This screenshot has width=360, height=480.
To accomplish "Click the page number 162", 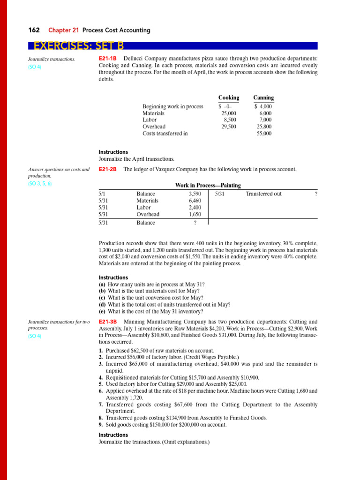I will pyautogui.click(x=34, y=30).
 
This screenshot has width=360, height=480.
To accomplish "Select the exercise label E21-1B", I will pyautogui.click(x=107, y=59).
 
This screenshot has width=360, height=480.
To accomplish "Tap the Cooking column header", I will pyautogui.click(x=228, y=97).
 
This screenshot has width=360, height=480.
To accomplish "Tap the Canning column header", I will pyautogui.click(x=263, y=97).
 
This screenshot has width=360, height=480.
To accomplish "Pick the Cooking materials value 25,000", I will pyautogui.click(x=229, y=113).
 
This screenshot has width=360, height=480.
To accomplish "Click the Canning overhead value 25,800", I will pyautogui.click(x=264, y=127).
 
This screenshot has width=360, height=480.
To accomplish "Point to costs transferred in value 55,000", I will pyautogui.click(x=264, y=134).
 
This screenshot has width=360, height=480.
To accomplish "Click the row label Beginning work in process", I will pyautogui.click(x=172, y=106).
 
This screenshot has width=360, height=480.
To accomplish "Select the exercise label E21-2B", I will pyautogui.click(x=108, y=169).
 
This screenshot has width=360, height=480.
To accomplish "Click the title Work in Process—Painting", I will pyautogui.click(x=208, y=186).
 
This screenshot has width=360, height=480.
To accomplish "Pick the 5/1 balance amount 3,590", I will pyautogui.click(x=195, y=194).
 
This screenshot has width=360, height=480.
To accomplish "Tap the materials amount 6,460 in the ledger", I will pyautogui.click(x=195, y=201).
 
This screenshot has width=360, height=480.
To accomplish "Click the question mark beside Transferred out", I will pyautogui.click(x=316, y=194).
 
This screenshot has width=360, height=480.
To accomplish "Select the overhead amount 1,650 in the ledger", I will pyautogui.click(x=195, y=214).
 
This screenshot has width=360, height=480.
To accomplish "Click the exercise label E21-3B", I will pyautogui.click(x=108, y=322).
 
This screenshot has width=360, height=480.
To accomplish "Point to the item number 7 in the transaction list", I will pyautogui.click(x=101, y=405).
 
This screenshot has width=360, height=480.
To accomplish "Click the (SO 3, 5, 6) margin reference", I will pyautogui.click(x=40, y=184).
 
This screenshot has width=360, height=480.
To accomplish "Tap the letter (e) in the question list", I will pyautogui.click(x=102, y=311).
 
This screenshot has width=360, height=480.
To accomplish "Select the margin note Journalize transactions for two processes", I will pyautogui.click(x=58, y=325).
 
